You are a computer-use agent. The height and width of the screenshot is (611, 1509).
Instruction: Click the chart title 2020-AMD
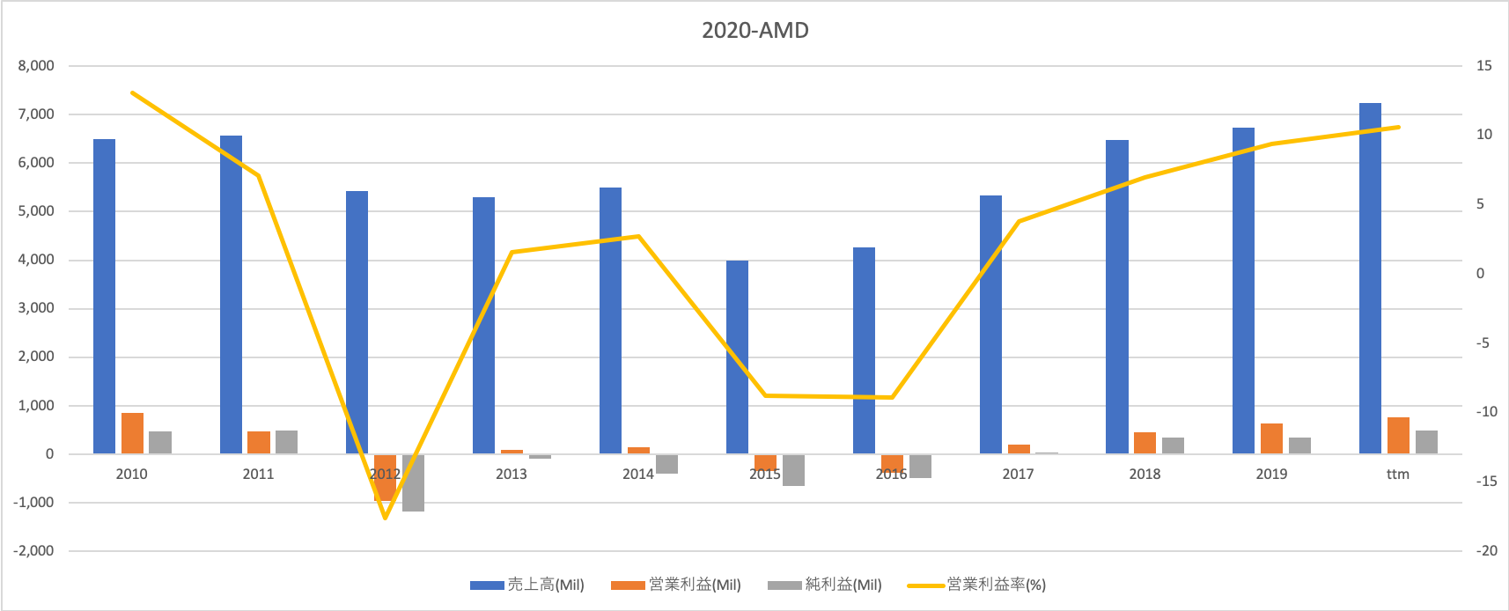point(754,30)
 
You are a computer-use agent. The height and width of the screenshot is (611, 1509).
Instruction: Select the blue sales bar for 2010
point(104,297)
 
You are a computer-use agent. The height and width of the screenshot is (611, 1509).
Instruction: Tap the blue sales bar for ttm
point(1370,278)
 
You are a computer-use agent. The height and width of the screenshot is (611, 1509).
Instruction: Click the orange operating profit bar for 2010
point(132,433)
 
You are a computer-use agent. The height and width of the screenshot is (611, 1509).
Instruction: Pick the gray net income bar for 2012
point(413,482)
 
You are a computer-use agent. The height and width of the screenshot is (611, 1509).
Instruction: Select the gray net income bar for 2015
point(793,469)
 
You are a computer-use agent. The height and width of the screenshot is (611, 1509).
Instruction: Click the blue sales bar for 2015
point(737,357)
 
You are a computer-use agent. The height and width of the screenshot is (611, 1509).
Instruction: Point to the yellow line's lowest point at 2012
point(385,518)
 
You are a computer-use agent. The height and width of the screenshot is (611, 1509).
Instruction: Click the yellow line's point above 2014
point(638,236)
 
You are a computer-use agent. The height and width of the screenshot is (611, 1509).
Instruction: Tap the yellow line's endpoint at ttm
point(1398,127)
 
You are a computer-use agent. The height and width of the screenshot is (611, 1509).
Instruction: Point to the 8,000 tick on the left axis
point(36,65)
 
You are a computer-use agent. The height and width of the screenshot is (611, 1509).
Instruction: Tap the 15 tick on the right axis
point(1484,65)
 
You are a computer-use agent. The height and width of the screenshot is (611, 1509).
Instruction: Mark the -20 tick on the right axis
point(1486,550)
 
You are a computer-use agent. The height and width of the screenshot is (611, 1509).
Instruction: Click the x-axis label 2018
point(1145,474)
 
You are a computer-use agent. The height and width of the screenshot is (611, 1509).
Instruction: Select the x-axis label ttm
point(1397,474)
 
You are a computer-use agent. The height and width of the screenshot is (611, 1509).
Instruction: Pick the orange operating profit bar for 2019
point(1271,438)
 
